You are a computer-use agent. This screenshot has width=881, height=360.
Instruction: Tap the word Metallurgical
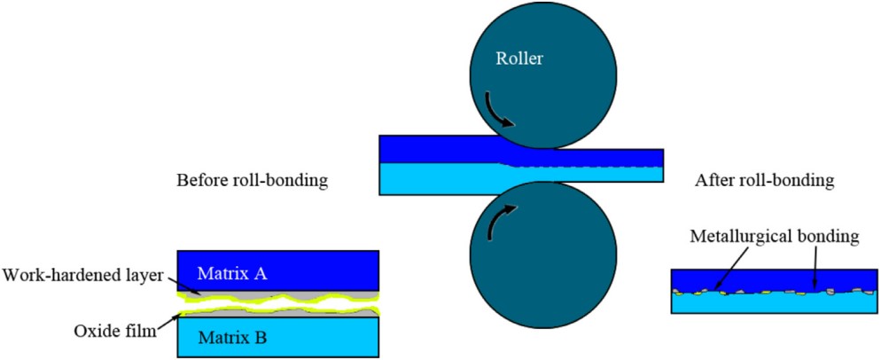(x=737, y=238)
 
